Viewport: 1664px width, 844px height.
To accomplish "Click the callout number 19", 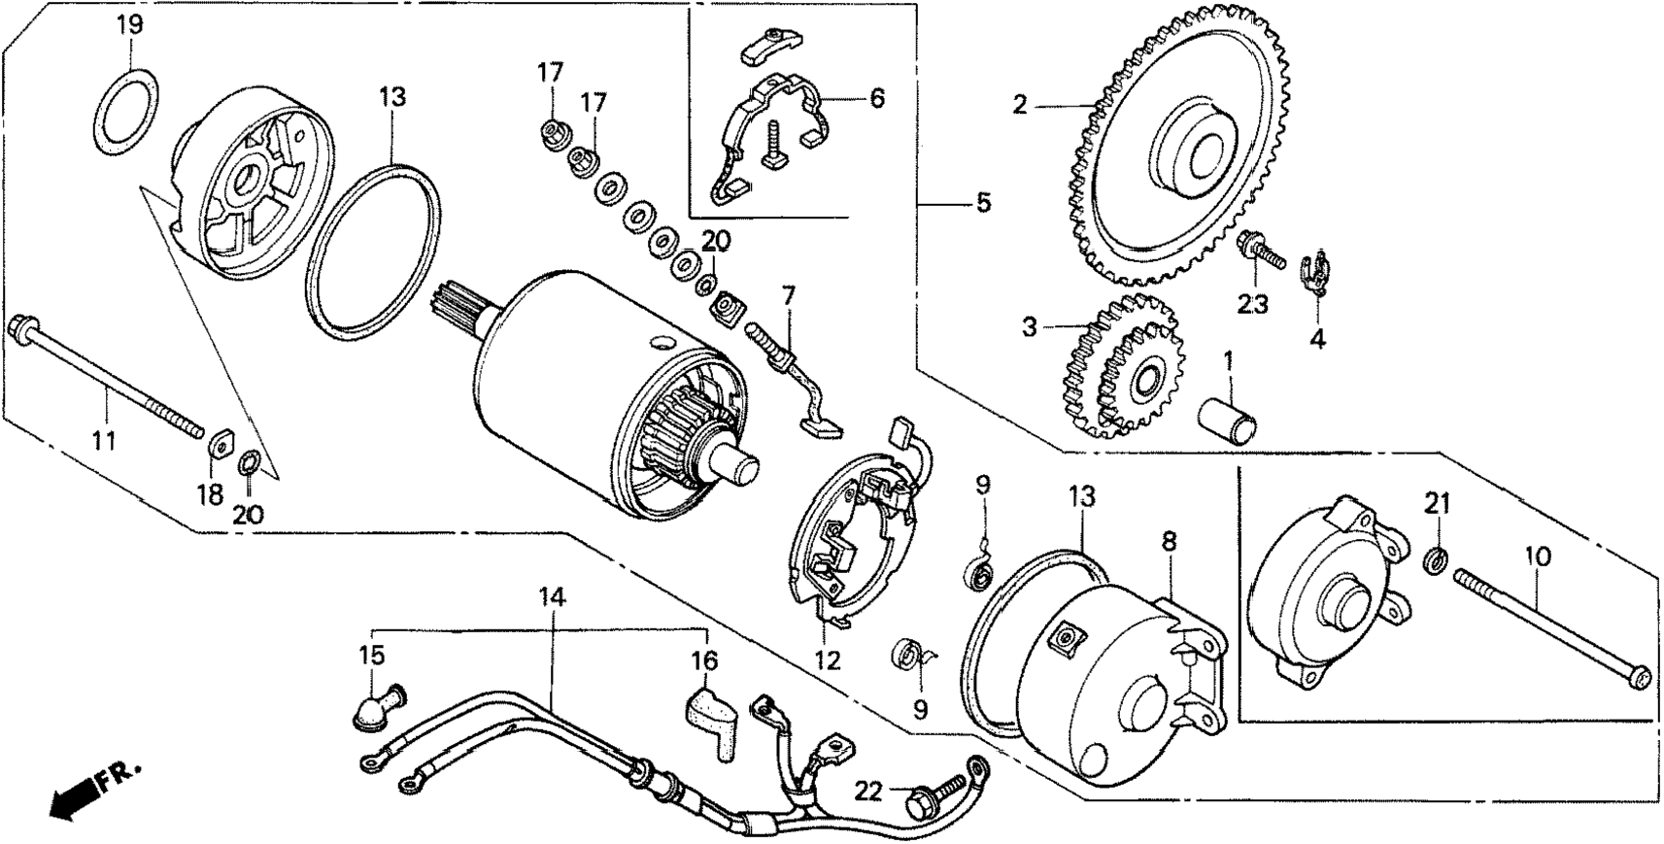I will [129, 24].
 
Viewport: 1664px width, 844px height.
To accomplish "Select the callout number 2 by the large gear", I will [1019, 105].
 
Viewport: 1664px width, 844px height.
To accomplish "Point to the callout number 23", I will [1253, 305].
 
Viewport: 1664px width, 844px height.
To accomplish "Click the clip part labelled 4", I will [1319, 273].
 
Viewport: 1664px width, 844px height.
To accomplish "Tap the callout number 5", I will [983, 204].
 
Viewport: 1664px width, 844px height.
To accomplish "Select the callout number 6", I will [877, 98].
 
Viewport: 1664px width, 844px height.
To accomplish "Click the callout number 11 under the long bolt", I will [104, 440].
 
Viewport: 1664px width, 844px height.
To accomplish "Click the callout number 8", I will [1169, 541].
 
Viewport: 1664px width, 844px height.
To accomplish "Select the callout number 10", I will [1537, 557].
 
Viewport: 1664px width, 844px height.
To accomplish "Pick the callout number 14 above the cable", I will [551, 597].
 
